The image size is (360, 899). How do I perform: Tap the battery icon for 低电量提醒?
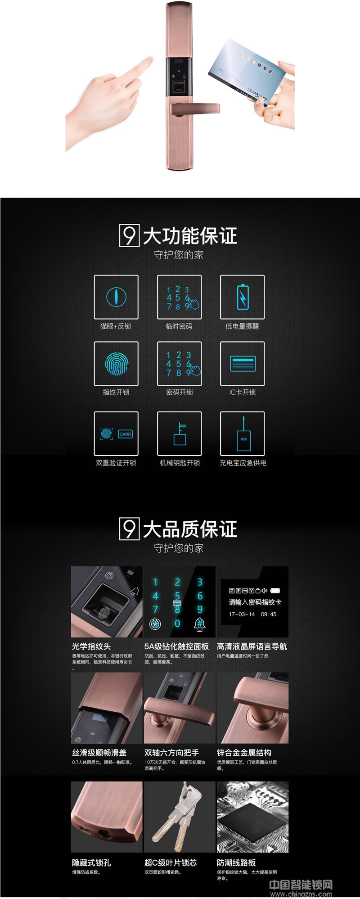242,297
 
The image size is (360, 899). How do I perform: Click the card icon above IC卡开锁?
243,363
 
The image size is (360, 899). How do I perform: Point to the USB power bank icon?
243,437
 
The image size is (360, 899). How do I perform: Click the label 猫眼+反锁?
116,326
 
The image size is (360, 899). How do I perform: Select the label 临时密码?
179,326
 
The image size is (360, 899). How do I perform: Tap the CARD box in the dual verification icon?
125,434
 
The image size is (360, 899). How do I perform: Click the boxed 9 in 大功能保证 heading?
129,235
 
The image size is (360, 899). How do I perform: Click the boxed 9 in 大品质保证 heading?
129,529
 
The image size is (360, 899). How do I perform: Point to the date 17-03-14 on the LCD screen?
242,614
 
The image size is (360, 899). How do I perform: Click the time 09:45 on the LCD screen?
269,614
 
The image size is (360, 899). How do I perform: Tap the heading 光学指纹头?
91,646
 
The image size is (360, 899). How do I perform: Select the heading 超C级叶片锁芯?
171,863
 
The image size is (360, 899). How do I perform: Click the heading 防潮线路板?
236,863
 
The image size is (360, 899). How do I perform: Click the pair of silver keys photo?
179,817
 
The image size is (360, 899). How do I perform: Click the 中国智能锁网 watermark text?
301,884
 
